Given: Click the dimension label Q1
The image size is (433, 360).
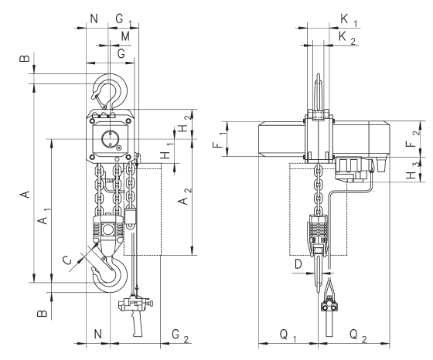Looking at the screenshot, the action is pyautogui.click(x=288, y=335).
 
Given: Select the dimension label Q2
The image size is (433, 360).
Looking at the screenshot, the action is pyautogui.click(x=358, y=335).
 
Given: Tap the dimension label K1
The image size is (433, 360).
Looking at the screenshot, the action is pyautogui.click(x=349, y=21).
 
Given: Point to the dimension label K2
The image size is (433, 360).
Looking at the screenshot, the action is pyautogui.click(x=347, y=38).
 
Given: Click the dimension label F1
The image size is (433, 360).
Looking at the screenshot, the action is pyautogui.click(x=221, y=140).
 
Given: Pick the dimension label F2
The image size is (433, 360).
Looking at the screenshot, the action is pyautogui.click(x=413, y=139).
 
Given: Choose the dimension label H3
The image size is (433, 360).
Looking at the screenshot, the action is pyautogui.click(x=413, y=170).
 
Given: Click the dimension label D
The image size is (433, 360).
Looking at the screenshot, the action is pyautogui.click(x=298, y=264).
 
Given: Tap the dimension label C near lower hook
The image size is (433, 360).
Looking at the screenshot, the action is pyautogui.click(x=67, y=260).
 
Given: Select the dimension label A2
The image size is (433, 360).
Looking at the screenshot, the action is pyautogui.click(x=185, y=197).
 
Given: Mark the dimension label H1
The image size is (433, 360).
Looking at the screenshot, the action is pyautogui.click(x=167, y=151).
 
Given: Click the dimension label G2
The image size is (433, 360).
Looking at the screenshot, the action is pyautogui.click(x=180, y=336).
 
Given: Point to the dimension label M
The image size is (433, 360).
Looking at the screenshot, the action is pyautogui.click(x=125, y=36).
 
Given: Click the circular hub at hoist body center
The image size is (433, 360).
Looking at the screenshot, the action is pyautogui.click(x=110, y=139).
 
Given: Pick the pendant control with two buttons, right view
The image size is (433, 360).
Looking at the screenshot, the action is pyautogui.click(x=329, y=307).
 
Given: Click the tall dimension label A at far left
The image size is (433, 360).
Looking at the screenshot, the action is pyautogui.click(x=26, y=195).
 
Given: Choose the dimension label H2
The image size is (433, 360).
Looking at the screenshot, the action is pyautogui.click(x=185, y=124).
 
